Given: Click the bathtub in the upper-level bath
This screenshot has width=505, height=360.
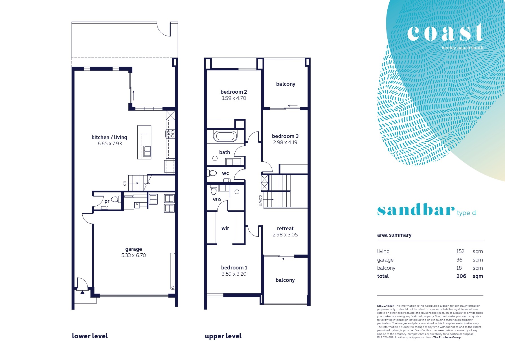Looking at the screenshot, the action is click(225, 136).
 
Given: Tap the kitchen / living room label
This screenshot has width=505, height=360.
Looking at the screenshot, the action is click(109, 137).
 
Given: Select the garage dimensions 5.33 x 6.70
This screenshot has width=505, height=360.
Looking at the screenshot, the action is click(134, 255).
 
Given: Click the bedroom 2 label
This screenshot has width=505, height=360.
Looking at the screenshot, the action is click(234, 92).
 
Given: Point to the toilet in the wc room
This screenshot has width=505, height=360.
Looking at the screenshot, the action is click(212, 173).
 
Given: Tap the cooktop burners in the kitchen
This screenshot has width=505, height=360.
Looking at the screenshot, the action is click(170, 134).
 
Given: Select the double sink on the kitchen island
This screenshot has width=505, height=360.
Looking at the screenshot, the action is click(147, 151).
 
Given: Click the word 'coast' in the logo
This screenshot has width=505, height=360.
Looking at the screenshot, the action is click(445, 33).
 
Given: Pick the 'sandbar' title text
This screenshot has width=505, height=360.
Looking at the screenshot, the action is click(416, 209).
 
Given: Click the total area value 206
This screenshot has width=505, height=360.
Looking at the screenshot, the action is click(461, 276).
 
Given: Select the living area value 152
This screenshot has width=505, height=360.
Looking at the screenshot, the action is click(460, 251).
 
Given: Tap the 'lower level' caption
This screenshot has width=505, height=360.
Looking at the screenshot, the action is click(90, 336).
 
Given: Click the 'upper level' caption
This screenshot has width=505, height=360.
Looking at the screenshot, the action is click(223, 336).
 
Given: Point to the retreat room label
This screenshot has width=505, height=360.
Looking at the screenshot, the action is click(285, 229).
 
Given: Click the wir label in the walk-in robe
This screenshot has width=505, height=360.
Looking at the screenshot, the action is click(225, 228).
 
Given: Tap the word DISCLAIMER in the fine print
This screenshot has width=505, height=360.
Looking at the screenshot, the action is click(386, 306).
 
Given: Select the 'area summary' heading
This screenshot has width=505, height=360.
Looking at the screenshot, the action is click(394, 235).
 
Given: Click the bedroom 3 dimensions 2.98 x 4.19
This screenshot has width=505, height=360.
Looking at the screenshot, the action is click(285, 142).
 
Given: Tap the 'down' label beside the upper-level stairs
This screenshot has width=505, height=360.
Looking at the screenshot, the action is click(260, 201).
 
